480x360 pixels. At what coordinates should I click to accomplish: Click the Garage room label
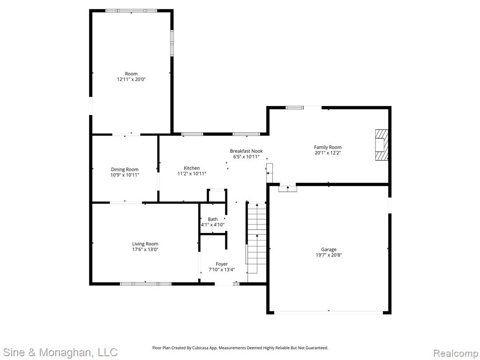pos(329,249)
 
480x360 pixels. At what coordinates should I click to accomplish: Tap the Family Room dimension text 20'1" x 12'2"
pos(328,152)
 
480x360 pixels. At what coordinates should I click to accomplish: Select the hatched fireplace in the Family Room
pos(382,145)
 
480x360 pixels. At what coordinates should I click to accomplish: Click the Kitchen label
pos(192,168)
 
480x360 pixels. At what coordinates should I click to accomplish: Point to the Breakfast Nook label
pos(247,151)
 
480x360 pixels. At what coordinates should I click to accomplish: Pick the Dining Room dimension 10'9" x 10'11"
pos(125,175)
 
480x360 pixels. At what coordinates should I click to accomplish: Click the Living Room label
pos(145,244)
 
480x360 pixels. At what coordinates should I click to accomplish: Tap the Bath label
pos(213,219)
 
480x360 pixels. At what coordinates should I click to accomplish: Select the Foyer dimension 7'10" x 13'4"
pos(222,270)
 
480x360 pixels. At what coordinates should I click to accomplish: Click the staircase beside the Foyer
pos(256,238)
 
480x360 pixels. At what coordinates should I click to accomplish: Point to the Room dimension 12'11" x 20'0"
pos(131,79)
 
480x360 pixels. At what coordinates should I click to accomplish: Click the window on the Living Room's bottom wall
pos(146,284)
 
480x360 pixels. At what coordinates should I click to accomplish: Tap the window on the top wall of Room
pos(131,11)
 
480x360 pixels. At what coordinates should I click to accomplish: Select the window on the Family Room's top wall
pos(295,107)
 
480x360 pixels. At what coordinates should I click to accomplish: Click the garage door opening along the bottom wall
pos(329,313)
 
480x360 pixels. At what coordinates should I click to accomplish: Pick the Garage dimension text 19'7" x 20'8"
pos(329,255)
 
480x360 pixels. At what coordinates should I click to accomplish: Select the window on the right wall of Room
pos(172,43)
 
